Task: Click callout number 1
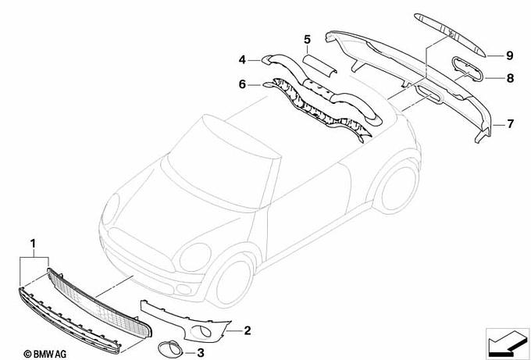pyautogui.click(x=33, y=244)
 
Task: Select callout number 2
pyautogui.click(x=248, y=330)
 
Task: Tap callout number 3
pyautogui.click(x=200, y=353)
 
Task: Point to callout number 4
pyautogui.click(x=242, y=60)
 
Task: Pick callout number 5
pyautogui.click(x=307, y=39)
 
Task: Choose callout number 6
pyautogui.click(x=242, y=84)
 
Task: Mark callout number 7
pyautogui.click(x=511, y=124)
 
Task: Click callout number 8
pyautogui.click(x=510, y=78)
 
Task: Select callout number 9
pyautogui.click(x=510, y=55)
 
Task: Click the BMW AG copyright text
pyautogui.click(x=45, y=355)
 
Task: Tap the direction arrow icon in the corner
pyautogui.click(x=507, y=343)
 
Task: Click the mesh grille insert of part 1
pyautogui.click(x=99, y=302)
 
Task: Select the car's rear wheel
pyautogui.click(x=397, y=187)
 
